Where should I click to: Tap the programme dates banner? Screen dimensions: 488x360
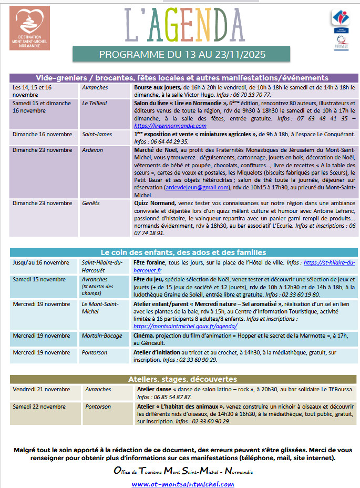182,54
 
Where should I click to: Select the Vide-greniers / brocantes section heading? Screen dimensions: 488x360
182,78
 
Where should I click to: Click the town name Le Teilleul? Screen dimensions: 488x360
95,103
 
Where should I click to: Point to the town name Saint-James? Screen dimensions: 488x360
97,134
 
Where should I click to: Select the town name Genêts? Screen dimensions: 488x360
91,203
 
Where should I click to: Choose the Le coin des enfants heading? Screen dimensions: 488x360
183,252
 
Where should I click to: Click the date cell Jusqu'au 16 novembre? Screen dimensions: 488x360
41,262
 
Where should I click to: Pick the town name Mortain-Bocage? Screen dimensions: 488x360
102,335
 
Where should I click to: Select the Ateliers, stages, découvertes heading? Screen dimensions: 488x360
182,379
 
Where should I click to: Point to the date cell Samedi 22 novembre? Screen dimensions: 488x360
39,406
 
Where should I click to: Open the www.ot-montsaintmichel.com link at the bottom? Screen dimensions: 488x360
182,484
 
